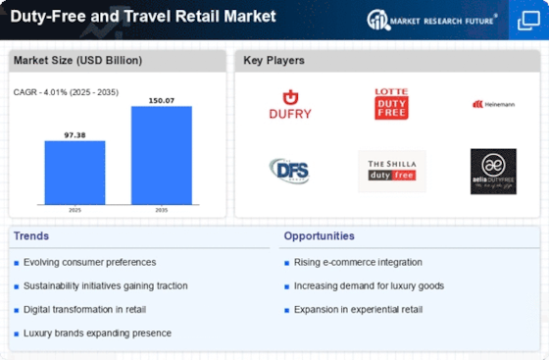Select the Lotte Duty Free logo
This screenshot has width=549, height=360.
point(390,103)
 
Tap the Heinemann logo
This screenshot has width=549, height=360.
point(492,103)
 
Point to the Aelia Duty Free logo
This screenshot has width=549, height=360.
point(492,171)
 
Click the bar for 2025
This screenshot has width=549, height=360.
point(75,172)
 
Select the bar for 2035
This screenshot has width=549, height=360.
point(161,155)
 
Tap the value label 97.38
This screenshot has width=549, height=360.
point(75,135)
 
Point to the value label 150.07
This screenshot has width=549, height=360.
point(161,100)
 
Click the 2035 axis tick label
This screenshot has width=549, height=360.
point(161,210)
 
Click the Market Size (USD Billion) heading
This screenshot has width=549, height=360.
point(77,61)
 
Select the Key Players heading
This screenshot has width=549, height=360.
point(274,61)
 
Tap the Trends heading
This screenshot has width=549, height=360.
point(31,236)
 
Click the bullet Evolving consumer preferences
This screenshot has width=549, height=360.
point(91,262)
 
